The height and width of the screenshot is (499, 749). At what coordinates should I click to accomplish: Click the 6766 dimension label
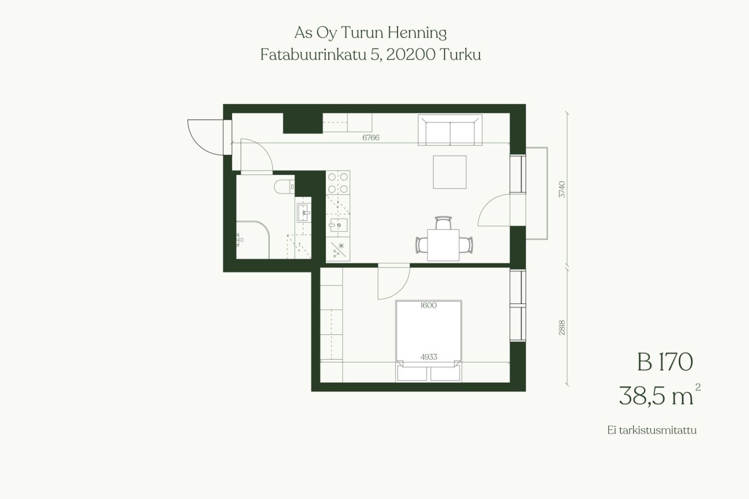coord(371,137)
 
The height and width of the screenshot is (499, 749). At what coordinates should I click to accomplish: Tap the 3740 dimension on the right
coord(562,189)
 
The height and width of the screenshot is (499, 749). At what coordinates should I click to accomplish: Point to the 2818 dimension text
coord(562,327)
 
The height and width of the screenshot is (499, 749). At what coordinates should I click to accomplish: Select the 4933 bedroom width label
coord(429,357)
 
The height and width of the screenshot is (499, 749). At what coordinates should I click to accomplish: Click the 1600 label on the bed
coord(429,305)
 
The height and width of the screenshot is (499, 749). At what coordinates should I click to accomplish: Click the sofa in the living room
coord(450,130)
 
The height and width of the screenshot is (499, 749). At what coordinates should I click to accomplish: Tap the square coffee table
coord(450,172)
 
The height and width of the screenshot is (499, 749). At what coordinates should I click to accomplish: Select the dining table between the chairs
coord(443,245)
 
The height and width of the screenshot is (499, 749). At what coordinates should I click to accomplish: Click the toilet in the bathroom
coord(284,187)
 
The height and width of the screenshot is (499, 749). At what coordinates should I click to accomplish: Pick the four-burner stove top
coord(338,182)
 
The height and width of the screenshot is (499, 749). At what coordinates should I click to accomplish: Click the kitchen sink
coord(338,225)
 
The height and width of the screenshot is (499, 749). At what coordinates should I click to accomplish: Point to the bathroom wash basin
coord(304,212)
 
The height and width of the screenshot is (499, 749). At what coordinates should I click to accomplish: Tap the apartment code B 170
coord(665,362)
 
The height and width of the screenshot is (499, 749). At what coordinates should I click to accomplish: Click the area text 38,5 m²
coord(659,395)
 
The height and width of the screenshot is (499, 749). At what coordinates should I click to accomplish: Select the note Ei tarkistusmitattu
coord(652,430)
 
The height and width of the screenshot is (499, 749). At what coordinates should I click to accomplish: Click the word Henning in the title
coord(417,33)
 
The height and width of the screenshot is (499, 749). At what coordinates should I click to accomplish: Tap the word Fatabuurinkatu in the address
coord(314,55)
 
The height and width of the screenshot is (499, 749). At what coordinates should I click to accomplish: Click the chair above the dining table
coord(443,223)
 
